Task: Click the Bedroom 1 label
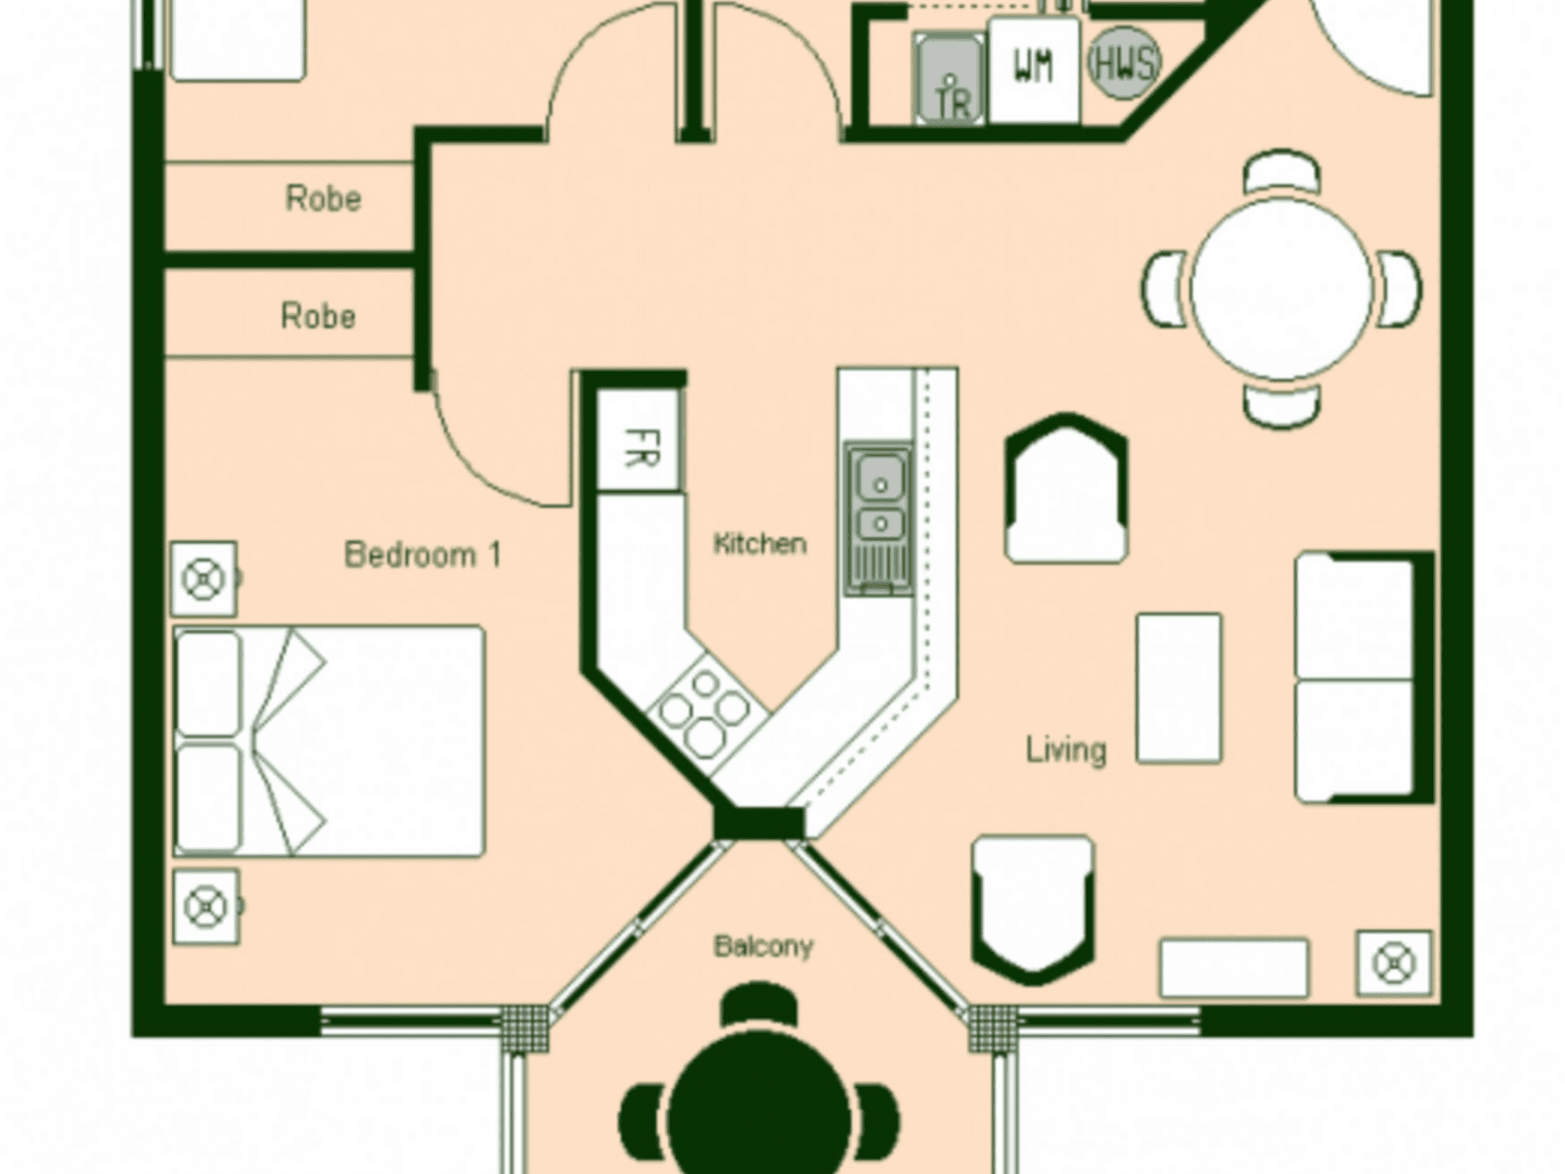coord(423,555)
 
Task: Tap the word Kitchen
coord(760,544)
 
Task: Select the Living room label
coord(1066,750)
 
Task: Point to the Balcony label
coord(763,946)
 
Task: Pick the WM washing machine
coord(1033,68)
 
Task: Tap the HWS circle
coord(1124,64)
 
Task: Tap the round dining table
coord(1281,289)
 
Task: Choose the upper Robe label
coord(323,199)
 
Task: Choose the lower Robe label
coord(318,316)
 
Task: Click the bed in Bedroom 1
coord(330,741)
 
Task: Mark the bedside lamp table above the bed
coord(203,579)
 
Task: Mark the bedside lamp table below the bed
coord(205,907)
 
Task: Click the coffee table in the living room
coord(1179,688)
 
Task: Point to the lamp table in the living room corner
coord(1393,964)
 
